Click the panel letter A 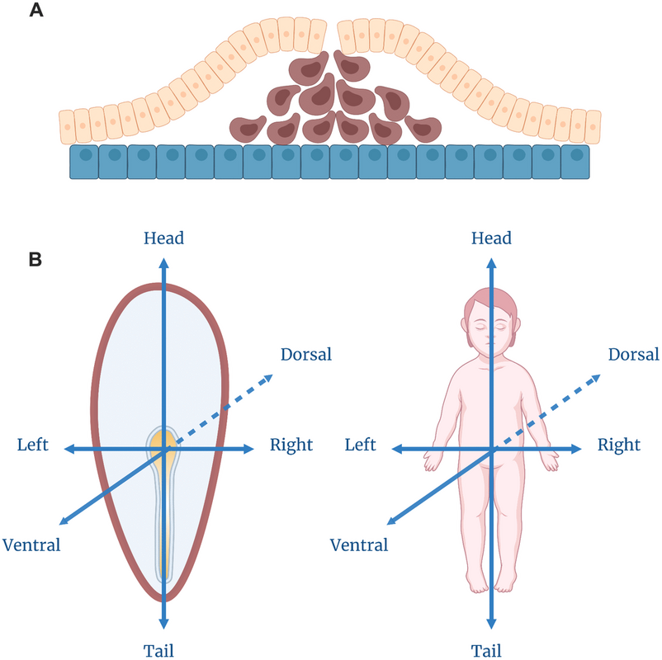(36, 12)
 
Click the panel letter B (36, 259)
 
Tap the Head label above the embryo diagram (163, 238)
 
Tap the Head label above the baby (491, 238)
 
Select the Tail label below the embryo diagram (163, 648)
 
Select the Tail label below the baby (491, 648)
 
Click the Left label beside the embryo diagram (33, 445)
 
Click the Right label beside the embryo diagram (291, 445)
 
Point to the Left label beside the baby (361, 445)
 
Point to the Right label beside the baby (619, 445)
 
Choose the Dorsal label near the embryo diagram (305, 355)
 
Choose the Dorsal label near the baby (633, 355)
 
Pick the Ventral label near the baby (359, 544)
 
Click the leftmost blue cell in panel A (84, 162)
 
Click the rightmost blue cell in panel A (575, 162)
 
